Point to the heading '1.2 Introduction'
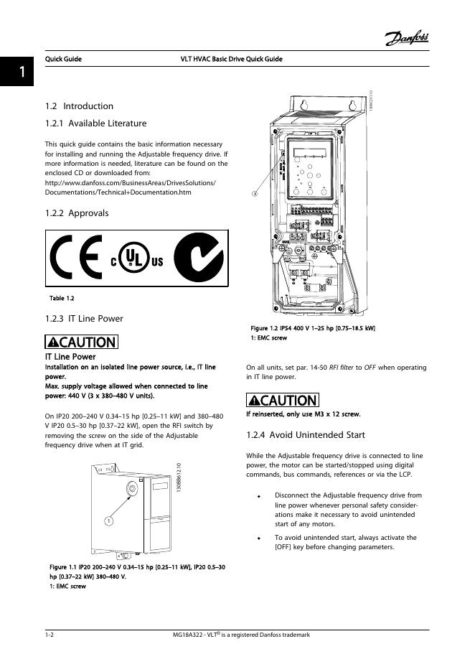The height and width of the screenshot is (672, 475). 79,106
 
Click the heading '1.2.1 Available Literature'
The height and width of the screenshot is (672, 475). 95,123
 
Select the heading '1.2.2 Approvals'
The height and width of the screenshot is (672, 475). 77,213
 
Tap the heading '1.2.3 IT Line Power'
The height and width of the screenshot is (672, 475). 84,318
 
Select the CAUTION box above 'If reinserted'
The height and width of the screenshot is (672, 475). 281,400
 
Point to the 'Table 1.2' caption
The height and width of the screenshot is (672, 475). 62,298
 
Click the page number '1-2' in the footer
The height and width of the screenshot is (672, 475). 50,635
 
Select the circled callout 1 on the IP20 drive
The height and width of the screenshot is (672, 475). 108,520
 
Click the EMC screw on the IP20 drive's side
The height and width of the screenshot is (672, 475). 133,489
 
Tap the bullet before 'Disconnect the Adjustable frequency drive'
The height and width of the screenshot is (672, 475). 259,495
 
